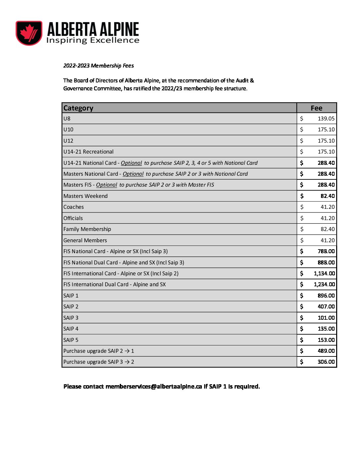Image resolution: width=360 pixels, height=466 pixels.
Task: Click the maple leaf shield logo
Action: [29, 33]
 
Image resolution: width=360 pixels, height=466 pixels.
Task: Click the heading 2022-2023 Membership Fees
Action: [98, 66]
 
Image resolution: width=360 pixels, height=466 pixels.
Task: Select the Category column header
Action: [78, 108]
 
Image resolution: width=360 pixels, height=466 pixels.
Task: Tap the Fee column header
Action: [316, 108]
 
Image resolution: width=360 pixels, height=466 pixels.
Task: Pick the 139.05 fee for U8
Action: [326, 118]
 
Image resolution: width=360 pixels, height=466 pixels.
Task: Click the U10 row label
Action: [68, 129]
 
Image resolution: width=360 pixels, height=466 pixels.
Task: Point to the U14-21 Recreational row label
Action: [88, 152]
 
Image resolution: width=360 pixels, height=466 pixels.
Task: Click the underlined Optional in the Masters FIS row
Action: [107, 185]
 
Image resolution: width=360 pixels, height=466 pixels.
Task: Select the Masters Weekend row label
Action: [85, 196]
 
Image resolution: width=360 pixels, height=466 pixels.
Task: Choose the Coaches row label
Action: [73, 207]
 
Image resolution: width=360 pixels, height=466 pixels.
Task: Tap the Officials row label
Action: [73, 218]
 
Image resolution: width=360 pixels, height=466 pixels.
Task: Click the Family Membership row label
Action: [87, 229]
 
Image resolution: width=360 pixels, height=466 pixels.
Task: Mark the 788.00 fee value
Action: [326, 251]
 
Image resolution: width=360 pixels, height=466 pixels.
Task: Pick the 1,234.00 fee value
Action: [324, 284]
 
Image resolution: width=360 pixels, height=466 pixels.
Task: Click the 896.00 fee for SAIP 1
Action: [326, 296]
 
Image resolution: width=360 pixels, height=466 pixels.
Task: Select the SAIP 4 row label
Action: [71, 329]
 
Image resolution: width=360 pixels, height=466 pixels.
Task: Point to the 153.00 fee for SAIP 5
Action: [326, 340]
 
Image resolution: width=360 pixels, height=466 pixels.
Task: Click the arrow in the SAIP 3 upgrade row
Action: [127, 362]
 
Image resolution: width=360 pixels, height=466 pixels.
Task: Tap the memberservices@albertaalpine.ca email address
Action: [154, 387]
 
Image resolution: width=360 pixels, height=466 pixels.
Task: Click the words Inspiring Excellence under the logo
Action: [93, 40]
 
